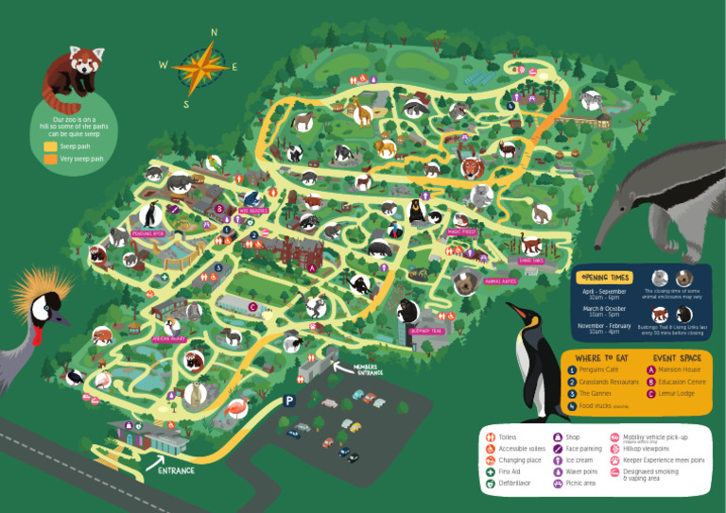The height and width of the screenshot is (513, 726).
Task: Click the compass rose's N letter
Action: (x=214, y=32)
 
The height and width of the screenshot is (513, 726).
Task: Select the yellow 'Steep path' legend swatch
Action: (x=51, y=146)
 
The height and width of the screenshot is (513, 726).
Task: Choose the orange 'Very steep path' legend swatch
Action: (x=51, y=160)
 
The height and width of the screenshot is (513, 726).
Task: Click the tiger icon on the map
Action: (x=471, y=169)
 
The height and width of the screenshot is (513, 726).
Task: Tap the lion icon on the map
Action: (x=385, y=147)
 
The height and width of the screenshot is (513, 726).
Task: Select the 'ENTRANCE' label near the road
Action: (x=176, y=470)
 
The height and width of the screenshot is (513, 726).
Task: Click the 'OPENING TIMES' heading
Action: (x=606, y=277)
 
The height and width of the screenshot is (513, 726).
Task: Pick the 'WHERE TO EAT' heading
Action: (x=601, y=358)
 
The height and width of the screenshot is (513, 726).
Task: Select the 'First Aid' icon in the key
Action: (x=491, y=471)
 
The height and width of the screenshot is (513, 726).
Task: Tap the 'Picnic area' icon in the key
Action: (x=558, y=483)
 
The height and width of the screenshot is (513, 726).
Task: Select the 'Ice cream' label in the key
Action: (x=579, y=460)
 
